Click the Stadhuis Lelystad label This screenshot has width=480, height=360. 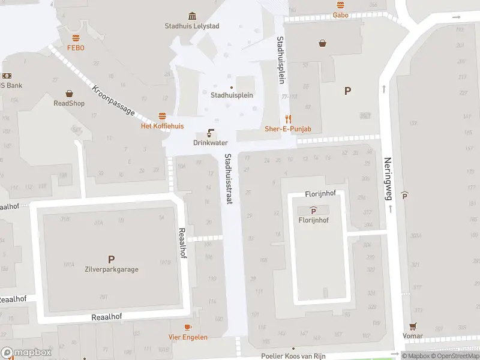click(191, 26)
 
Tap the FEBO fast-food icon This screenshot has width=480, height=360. click(76, 38)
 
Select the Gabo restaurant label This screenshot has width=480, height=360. click(341, 15)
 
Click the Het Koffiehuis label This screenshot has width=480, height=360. click(162, 126)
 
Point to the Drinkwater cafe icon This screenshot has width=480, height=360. click(211, 133)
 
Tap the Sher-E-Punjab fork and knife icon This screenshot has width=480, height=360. click(288, 119)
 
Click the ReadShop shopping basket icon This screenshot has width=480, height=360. click(69, 94)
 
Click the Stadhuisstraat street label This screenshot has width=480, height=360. click(229, 179)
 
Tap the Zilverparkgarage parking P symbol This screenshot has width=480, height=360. click(111, 259)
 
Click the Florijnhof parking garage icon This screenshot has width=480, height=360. click(313, 210)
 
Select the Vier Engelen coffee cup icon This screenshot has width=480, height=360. click(188, 327)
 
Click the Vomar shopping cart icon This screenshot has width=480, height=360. click(413, 326)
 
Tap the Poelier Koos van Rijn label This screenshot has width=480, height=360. click(293, 355)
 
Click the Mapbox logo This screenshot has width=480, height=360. click(26, 353)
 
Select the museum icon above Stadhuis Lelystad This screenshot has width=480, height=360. click(191, 16)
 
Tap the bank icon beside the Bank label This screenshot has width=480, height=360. click(7, 76)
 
